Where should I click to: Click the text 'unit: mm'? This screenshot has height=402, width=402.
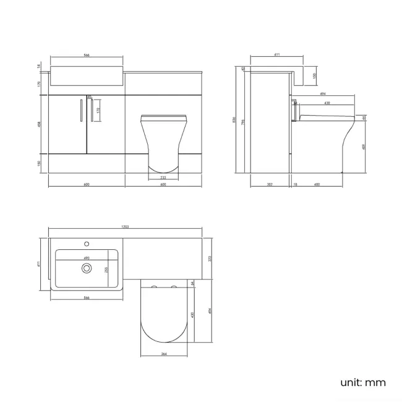[x=362, y=382]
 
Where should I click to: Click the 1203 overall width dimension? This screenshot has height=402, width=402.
[x=124, y=228]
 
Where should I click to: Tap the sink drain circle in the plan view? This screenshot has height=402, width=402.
[x=87, y=268]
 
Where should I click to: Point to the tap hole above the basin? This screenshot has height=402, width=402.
[x=87, y=242]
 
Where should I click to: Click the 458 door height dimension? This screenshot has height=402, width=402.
[x=40, y=123]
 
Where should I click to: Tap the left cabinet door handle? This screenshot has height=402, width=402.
[x=80, y=110]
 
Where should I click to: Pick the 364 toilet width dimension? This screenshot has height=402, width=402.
[x=163, y=354]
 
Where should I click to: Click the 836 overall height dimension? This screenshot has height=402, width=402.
[x=234, y=121]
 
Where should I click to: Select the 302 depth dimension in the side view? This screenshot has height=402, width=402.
[x=270, y=184]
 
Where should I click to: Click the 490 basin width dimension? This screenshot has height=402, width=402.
[x=87, y=259]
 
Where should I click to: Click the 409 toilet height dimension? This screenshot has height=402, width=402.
[x=364, y=147]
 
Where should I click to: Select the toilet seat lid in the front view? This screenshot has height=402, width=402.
[x=163, y=117]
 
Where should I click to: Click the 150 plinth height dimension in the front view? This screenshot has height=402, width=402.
[x=40, y=163]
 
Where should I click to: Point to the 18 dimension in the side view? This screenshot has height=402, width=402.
[x=295, y=184]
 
